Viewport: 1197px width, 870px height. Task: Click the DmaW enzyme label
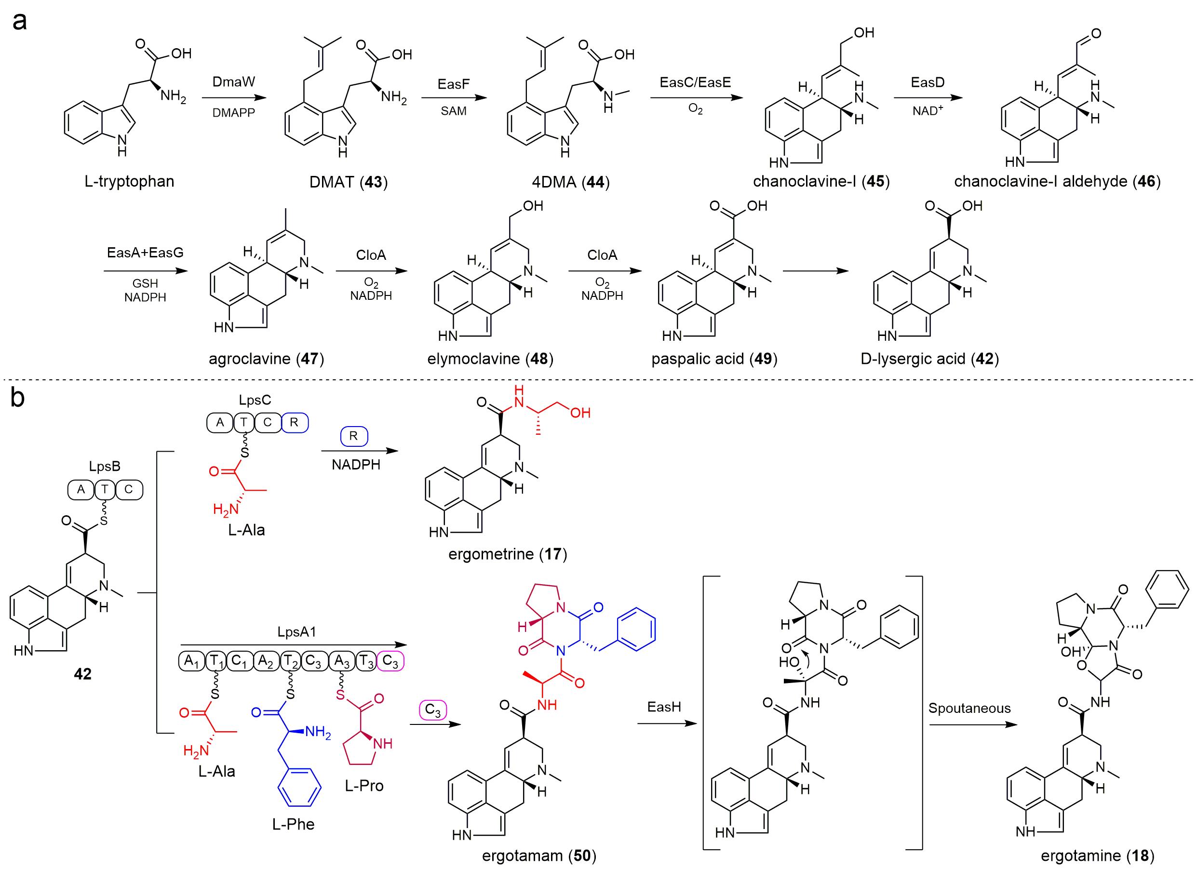click(x=233, y=82)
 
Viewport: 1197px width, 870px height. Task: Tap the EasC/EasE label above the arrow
click(x=695, y=82)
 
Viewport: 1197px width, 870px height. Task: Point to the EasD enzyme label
click(x=928, y=82)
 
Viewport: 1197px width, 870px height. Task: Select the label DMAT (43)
click(x=349, y=183)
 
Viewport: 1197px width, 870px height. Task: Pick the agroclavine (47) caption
click(x=266, y=359)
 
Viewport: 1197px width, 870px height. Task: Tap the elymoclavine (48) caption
click(x=490, y=359)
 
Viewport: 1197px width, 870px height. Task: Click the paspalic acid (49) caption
click(x=714, y=359)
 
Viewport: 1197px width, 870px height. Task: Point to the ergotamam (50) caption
click(x=539, y=855)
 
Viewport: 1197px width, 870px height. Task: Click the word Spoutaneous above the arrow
click(x=969, y=708)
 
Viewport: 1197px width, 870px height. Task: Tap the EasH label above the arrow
click(x=664, y=707)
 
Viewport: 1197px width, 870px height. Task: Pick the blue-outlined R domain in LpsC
click(x=295, y=422)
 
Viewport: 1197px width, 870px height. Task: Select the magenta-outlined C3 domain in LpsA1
click(x=391, y=660)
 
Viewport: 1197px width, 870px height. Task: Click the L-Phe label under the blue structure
click(x=294, y=824)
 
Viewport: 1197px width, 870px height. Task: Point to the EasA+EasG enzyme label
click(x=145, y=253)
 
